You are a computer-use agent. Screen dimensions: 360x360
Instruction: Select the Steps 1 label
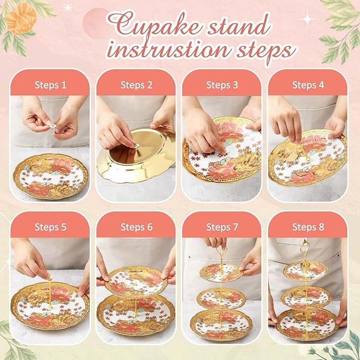[50, 85]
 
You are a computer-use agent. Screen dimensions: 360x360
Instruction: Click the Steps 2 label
[136, 85]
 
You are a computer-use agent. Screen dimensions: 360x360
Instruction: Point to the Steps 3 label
[222, 85]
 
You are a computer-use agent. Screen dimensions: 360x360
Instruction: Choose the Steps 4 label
[308, 85]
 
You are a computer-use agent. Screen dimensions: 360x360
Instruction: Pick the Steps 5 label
[50, 227]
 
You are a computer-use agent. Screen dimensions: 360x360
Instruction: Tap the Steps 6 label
[136, 227]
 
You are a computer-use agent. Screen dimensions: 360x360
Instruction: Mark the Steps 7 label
[222, 227]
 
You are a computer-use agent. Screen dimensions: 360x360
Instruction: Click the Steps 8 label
[308, 227]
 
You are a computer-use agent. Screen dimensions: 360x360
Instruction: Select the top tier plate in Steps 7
[222, 273]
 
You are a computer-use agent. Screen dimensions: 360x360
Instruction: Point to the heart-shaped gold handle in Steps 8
[305, 246]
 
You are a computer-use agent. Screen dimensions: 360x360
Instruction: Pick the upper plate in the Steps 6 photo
[136, 281]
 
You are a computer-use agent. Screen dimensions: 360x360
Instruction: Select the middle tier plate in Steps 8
[306, 296]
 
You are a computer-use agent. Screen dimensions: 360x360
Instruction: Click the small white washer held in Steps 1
[53, 126]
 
